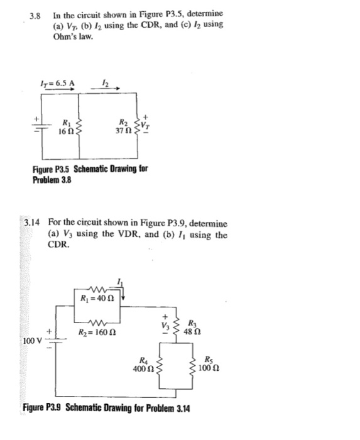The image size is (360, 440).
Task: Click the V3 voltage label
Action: pos(166,326)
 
